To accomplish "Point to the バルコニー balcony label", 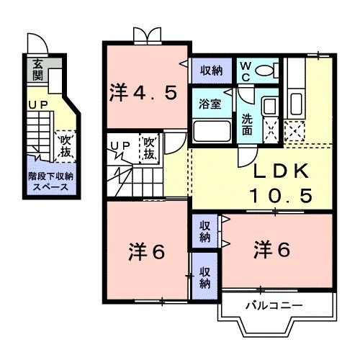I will coord(273,305).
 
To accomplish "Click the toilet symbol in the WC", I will coord(269,71).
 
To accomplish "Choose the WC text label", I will coord(246,71).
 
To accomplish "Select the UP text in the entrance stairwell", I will coord(37,106).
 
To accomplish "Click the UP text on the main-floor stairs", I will coord(120,145).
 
